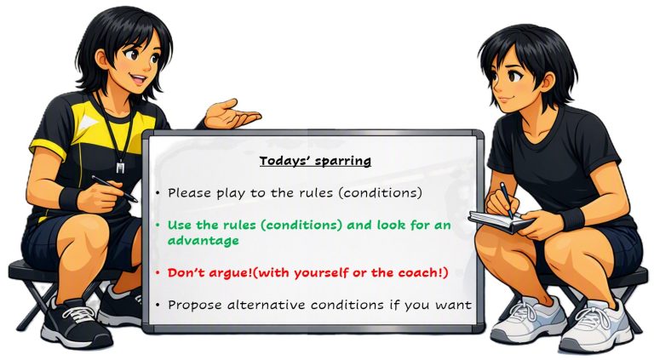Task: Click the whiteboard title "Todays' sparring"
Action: (315, 161)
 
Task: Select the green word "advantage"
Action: (204, 241)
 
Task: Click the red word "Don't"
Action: (185, 272)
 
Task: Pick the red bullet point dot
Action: (158, 273)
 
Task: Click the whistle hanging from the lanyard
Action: (121, 167)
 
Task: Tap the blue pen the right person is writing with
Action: (507, 200)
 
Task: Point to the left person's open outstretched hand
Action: (230, 115)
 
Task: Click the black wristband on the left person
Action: (70, 198)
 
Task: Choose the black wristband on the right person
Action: (572, 219)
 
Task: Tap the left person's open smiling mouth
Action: (138, 78)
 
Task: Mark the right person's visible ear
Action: (549, 81)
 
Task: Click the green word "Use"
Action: (180, 226)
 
